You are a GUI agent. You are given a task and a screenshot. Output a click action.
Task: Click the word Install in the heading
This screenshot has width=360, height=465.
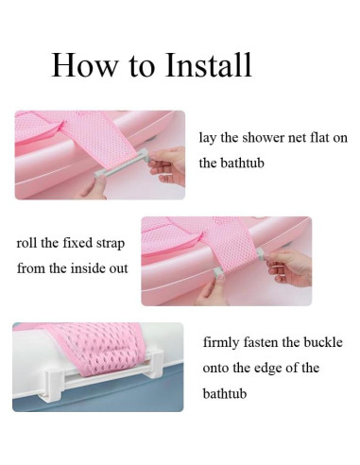pos(208,65)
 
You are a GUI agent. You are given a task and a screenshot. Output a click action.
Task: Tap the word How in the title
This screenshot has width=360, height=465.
pos(84,65)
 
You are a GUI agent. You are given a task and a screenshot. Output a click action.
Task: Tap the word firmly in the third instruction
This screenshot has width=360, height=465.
pos(220,343)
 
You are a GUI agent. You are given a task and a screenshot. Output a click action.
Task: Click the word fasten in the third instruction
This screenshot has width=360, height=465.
pos(260,342)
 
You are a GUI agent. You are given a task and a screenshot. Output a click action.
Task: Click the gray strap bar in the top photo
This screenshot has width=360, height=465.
pos(120,163)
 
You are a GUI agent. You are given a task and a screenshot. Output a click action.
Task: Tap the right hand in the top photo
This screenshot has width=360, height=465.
pos(167,165)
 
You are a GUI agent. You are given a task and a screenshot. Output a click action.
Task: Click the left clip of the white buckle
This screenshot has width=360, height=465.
pos(53,386)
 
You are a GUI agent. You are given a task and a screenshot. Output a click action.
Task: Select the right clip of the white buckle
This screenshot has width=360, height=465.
pos(156,363)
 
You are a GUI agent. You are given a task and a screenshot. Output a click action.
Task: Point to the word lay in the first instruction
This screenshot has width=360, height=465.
pos(207,139)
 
